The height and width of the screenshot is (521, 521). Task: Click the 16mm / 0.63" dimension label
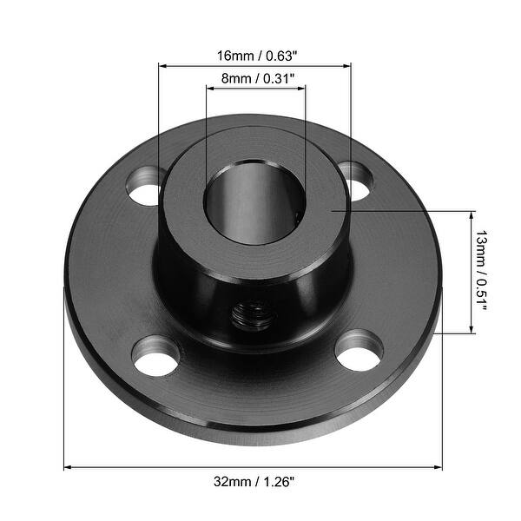pos(255,56)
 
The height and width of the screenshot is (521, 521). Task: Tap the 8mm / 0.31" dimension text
pos(255,78)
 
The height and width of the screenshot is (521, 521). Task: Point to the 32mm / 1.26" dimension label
pos(254,480)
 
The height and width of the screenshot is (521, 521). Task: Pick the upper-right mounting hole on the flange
pos(355,180)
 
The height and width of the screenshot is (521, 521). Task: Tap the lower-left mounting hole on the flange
pos(156,357)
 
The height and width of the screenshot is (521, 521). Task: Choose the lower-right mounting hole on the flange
pos(359,349)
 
